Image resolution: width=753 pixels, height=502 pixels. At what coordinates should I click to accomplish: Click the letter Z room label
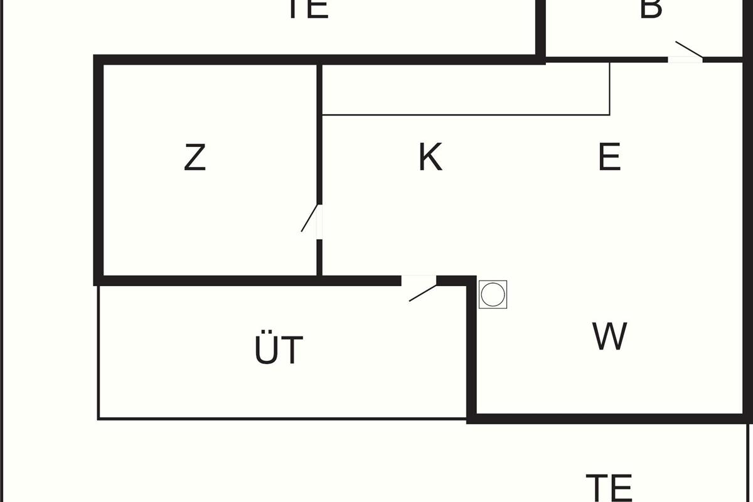(195, 158)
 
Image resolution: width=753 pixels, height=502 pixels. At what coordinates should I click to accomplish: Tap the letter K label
(430, 157)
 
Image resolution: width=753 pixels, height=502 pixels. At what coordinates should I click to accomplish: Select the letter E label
(609, 157)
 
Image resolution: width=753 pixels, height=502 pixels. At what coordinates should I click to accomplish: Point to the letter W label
(609, 336)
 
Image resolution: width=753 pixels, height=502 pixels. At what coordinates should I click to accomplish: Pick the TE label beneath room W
(609, 487)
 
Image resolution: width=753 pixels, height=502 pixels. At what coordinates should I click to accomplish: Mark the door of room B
(687, 53)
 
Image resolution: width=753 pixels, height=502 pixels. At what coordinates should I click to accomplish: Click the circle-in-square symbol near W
(493, 294)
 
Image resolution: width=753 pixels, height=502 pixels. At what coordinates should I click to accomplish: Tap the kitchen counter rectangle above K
(464, 88)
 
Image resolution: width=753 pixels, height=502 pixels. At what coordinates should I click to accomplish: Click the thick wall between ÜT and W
(471, 351)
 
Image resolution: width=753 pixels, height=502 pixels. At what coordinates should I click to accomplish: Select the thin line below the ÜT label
(282, 419)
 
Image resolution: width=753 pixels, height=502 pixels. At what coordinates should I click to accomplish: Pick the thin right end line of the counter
(609, 88)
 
